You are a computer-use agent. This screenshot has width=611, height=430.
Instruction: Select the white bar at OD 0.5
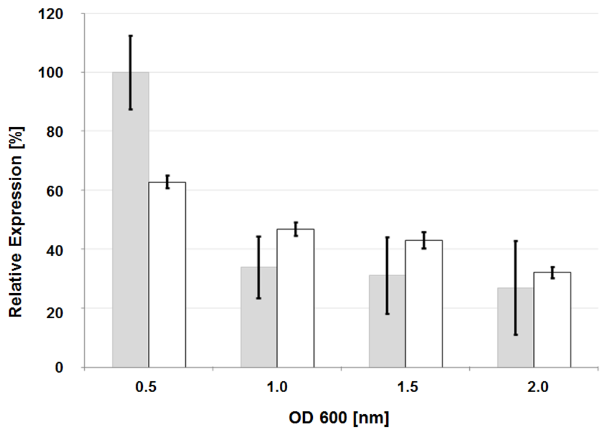tap(167, 275)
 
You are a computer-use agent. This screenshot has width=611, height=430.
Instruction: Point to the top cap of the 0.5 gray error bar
tap(130, 36)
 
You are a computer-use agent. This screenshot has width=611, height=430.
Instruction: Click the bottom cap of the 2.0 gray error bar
tap(515, 335)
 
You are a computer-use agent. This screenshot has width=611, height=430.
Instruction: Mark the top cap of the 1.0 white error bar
tap(295, 222)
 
